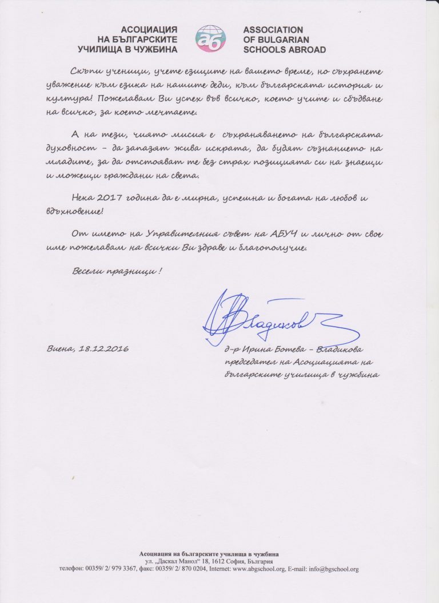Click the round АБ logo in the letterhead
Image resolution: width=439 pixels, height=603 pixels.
(x=210, y=38)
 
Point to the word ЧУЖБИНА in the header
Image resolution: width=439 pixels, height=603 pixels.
(x=157, y=50)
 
